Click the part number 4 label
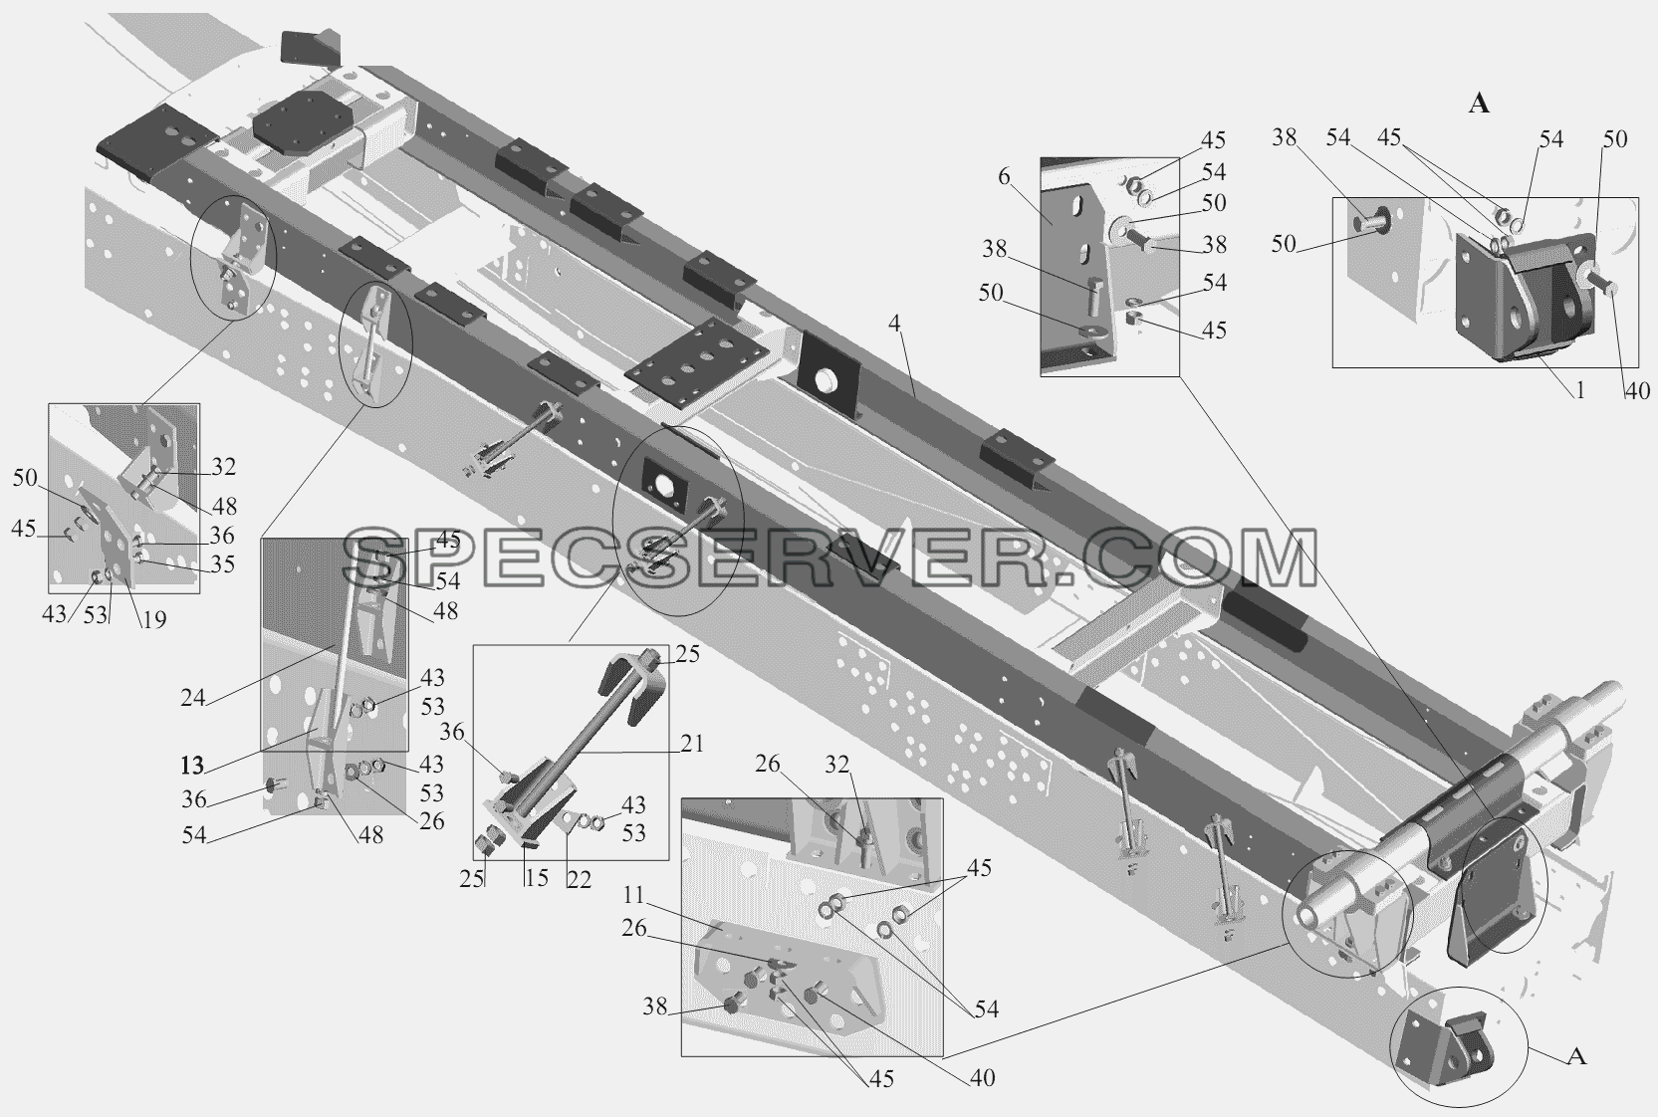[x=895, y=325]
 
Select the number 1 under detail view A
[x=1580, y=389]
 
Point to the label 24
[x=193, y=697]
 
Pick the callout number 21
[x=692, y=744]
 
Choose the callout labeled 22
[x=579, y=879]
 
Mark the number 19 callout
[x=154, y=619]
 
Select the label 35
[x=222, y=564]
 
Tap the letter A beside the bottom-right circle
[x=1577, y=1056]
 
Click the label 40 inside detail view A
[x=1637, y=390]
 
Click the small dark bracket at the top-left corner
[x=310, y=49]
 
